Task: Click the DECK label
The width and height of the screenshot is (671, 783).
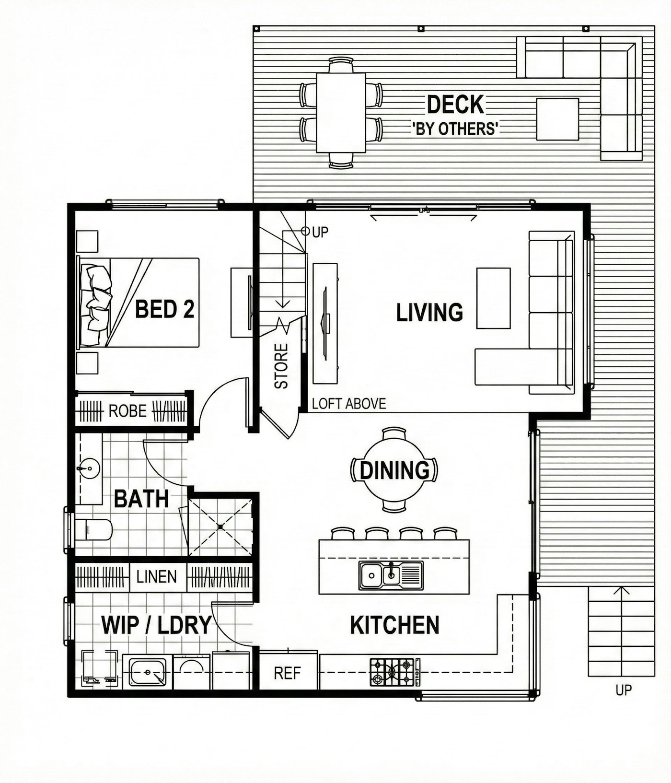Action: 455,105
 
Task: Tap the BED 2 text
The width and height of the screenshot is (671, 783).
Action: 164,309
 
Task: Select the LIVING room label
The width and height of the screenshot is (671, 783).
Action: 429,312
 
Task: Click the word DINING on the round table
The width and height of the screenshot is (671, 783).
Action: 394,470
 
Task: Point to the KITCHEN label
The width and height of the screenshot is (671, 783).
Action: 394,625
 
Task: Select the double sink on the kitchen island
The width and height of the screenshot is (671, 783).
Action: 391,575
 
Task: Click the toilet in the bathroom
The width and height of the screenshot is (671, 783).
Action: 94,530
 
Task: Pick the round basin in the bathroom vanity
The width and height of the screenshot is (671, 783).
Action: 88,467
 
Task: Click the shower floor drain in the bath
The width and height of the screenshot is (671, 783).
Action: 220,526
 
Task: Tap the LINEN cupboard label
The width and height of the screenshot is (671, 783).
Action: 157,576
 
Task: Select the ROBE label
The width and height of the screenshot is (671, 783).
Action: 127,411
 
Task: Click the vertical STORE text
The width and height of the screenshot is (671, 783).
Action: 281,366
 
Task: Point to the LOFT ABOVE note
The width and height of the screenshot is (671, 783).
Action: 349,404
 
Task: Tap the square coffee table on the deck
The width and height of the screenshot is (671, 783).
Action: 557,119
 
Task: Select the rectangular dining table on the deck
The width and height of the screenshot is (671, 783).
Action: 341,113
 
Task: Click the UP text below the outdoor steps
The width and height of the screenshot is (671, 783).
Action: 624,690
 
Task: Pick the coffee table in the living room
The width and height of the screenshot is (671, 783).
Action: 493,298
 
